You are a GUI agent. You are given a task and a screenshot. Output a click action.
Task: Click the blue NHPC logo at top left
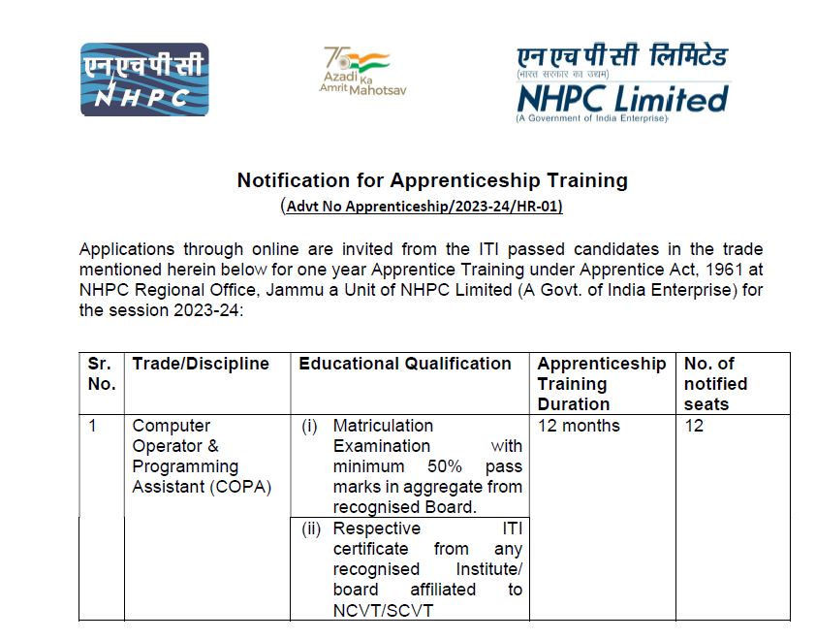click(x=144, y=80)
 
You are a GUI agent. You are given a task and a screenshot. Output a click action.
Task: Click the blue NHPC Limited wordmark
click(x=621, y=98)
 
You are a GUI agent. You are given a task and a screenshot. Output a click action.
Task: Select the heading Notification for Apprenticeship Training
click(x=432, y=180)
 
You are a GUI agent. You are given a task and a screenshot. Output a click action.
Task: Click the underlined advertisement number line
click(x=424, y=207)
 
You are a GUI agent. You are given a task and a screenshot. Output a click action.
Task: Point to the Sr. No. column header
click(x=101, y=373)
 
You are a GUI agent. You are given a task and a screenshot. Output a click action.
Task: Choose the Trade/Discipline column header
click(x=201, y=364)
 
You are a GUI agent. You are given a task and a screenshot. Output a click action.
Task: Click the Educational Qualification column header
click(x=405, y=364)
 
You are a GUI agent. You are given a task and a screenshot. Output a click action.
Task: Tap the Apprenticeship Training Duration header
click(x=601, y=383)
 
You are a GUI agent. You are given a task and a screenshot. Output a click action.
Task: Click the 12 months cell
click(x=579, y=426)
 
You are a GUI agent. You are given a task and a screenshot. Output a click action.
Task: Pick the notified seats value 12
click(x=694, y=426)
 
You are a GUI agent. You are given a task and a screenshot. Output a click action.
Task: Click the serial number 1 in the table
click(x=93, y=426)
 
